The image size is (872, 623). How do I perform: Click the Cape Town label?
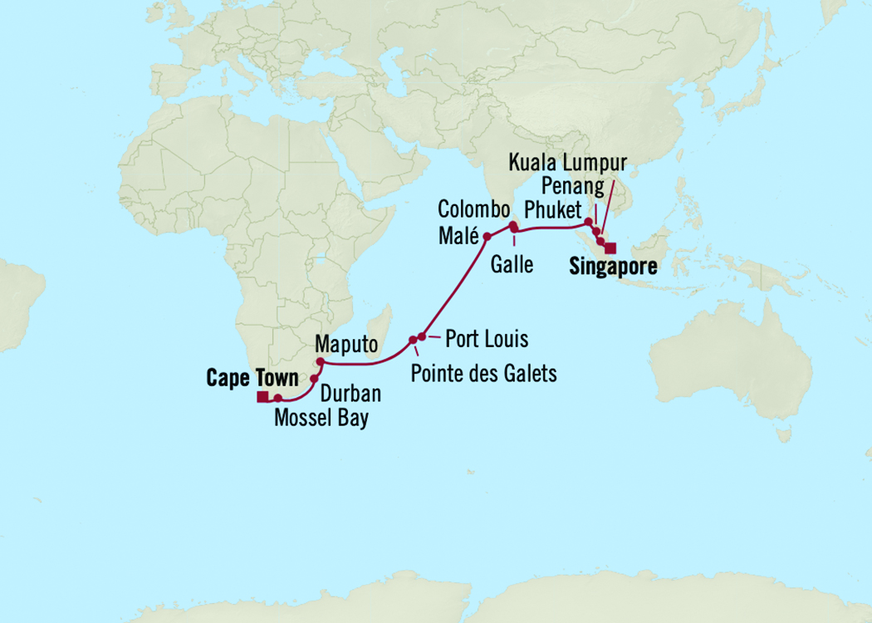tap(252, 379)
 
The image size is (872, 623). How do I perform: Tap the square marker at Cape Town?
tap(262, 397)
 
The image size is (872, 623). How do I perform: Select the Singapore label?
tap(613, 267)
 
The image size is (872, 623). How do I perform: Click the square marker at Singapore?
tap(610, 248)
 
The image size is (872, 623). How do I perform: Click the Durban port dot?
tap(314, 378)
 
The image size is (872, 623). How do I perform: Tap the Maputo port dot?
tap(320, 361)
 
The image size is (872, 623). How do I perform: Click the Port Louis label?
tap(487, 339)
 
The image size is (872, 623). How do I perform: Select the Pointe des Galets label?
tap(483, 374)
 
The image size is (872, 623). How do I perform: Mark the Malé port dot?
tap(487, 237)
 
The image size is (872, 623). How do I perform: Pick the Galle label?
tap(512, 265)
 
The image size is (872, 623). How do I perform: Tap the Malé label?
tap(458, 237)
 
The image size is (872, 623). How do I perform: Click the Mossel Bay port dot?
tap(278, 398)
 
